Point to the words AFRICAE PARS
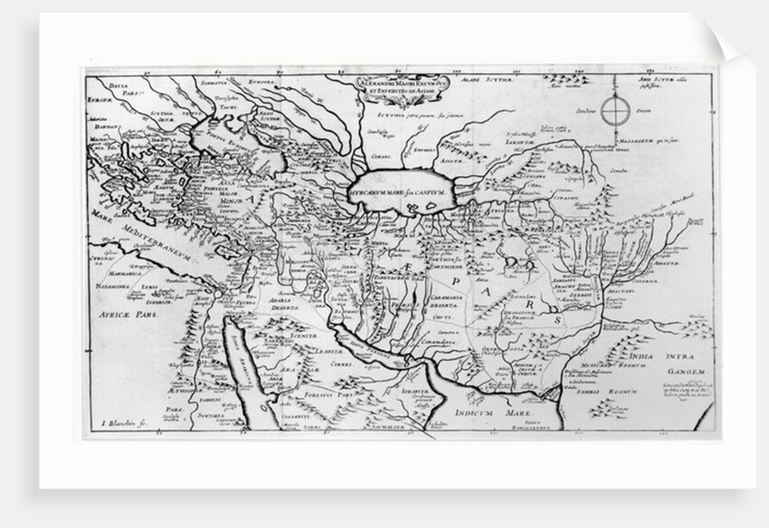(x=127, y=319)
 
